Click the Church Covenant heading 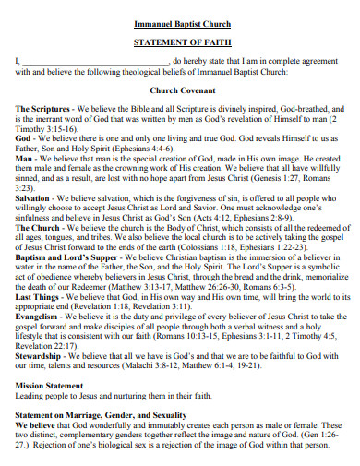[x=182, y=90]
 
